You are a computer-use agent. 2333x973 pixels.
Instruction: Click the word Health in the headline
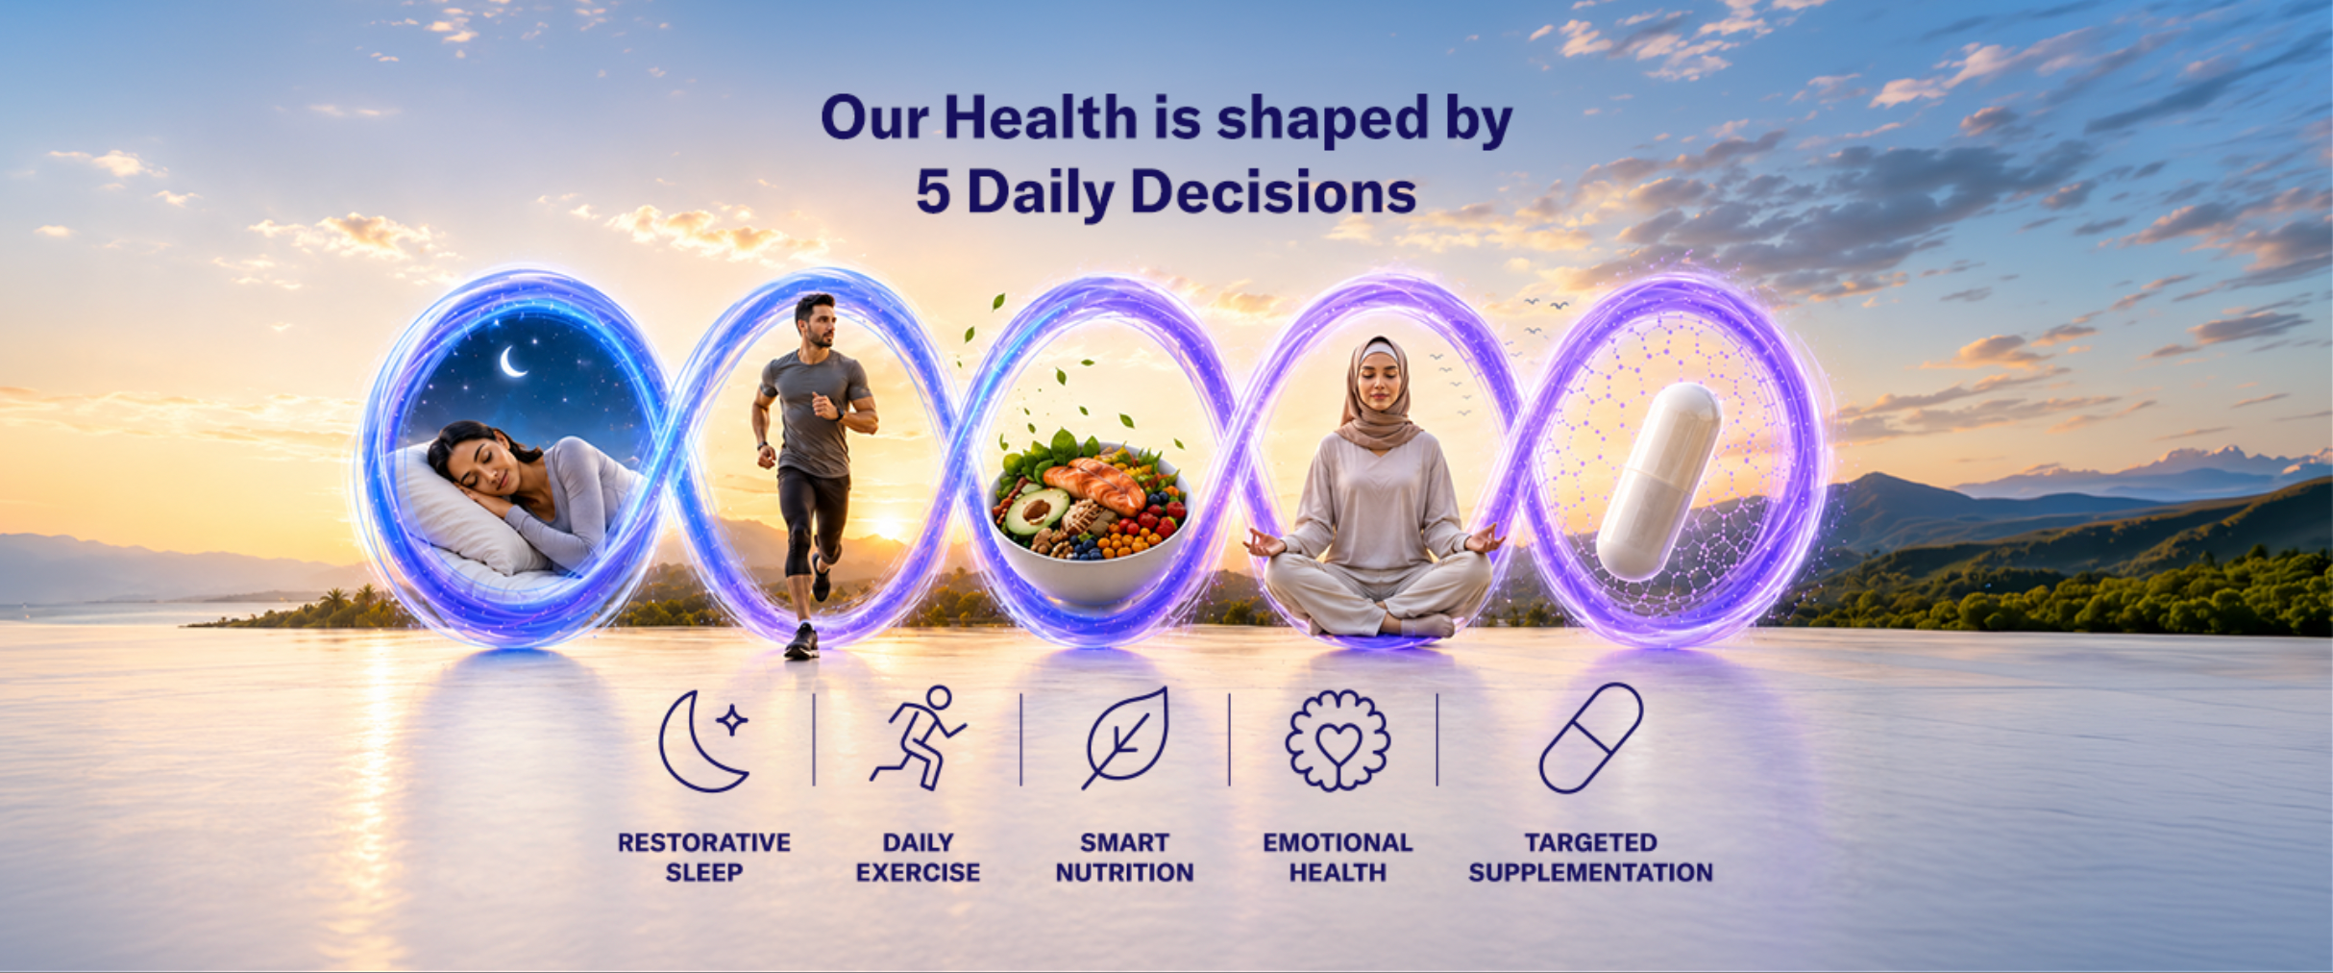(x=1041, y=118)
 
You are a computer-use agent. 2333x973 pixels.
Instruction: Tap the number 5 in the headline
(x=933, y=191)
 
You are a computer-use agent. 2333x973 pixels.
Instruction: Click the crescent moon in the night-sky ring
(x=512, y=362)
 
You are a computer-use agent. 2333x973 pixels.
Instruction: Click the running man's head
(x=816, y=320)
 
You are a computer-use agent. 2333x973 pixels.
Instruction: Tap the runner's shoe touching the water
(x=801, y=641)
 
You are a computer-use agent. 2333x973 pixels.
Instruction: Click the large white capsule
(x=1658, y=481)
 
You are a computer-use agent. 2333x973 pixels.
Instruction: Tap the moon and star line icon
(x=705, y=741)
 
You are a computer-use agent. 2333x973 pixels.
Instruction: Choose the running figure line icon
(x=918, y=738)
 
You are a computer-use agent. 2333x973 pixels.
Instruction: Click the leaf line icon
(x=1125, y=738)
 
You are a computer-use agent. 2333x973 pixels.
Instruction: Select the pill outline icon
(x=1591, y=738)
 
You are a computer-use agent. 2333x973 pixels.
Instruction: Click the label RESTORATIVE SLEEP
(x=704, y=857)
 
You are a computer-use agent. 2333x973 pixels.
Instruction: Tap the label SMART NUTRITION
(x=1124, y=857)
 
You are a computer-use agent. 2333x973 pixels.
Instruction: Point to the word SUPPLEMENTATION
(x=1591, y=872)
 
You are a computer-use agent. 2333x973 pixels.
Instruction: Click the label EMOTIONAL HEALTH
(x=1338, y=857)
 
